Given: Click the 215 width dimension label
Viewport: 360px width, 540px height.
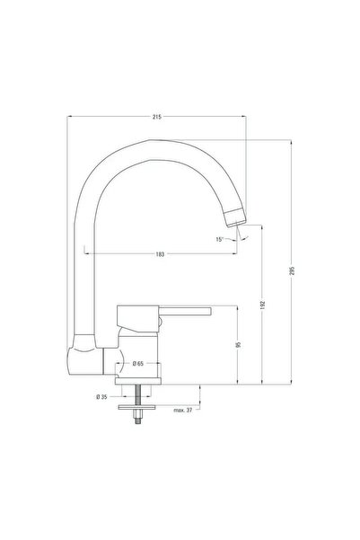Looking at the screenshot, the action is pos(156,117).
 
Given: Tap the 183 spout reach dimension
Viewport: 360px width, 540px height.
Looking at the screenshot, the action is pos(160,254).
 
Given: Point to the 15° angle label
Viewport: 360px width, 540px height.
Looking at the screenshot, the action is pos(220,239).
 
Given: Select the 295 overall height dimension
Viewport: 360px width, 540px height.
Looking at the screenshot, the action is pos(293,270).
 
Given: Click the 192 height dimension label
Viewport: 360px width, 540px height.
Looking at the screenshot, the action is pos(263,305).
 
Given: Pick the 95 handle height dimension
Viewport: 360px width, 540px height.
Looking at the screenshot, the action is pos(239,344).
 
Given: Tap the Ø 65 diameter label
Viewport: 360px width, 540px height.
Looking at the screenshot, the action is pos(137,363).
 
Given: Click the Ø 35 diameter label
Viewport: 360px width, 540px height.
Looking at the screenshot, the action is pos(101,397).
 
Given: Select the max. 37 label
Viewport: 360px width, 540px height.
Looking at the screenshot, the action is pos(183,410).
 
